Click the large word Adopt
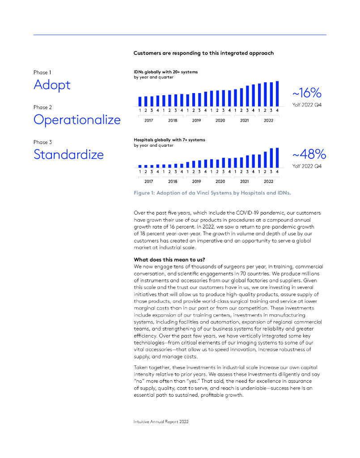52,85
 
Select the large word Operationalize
77,120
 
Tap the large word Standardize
68,155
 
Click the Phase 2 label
43,107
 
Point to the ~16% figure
307,93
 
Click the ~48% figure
309,155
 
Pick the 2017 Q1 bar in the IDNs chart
140,101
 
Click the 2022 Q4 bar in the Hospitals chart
277,157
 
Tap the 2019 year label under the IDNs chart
196,120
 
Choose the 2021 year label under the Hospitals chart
245,182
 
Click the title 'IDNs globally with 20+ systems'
165,72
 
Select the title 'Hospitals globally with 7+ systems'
169,140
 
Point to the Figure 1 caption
212,192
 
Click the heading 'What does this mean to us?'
169,259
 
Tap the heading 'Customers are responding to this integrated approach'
203,53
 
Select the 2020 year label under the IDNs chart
220,120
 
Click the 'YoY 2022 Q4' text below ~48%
307,166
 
